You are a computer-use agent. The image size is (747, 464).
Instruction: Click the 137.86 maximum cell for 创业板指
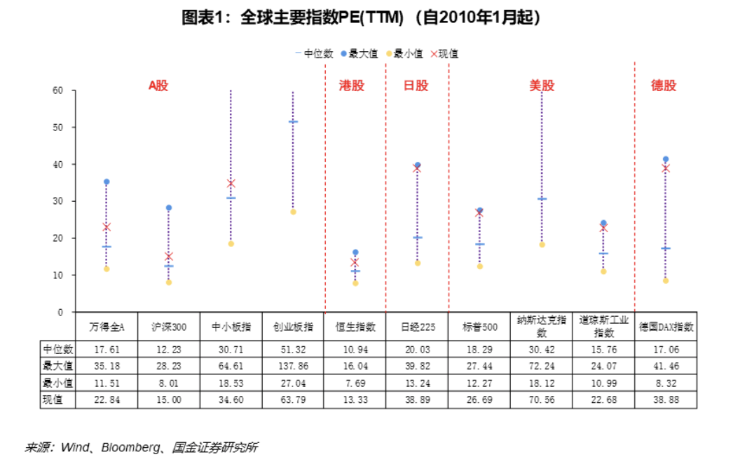point(294,366)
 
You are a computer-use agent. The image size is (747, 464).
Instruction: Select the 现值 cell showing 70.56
point(541,400)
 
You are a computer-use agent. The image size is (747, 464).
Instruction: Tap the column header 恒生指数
point(355,327)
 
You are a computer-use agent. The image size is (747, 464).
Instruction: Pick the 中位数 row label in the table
point(57,349)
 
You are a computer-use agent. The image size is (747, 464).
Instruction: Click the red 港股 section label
point(352,86)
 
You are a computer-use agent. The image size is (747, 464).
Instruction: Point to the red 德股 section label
point(664,86)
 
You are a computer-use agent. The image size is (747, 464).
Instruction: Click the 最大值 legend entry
point(362,53)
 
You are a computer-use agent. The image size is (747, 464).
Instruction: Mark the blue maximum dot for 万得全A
point(107,182)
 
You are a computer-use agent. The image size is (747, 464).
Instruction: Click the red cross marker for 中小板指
point(231,184)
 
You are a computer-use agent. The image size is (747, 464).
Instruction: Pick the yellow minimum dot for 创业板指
point(294,212)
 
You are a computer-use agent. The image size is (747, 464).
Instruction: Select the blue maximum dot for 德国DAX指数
point(666,159)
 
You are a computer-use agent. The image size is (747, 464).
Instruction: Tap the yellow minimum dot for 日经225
point(418,263)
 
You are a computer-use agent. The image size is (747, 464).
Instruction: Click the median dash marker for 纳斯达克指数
point(542,199)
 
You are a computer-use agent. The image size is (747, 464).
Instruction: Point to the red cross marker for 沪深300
point(169,257)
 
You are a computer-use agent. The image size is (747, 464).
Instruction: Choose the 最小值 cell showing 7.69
point(355,383)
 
